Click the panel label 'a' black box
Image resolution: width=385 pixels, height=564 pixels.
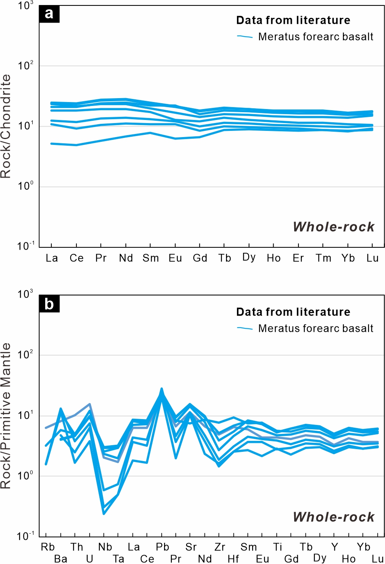click(x=49, y=14)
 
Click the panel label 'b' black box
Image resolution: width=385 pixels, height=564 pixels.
click(x=49, y=304)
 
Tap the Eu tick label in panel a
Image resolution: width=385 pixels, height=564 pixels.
click(x=175, y=258)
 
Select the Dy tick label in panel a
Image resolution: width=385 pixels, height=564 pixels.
click(x=249, y=257)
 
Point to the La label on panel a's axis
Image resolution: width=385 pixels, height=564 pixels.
click(x=52, y=258)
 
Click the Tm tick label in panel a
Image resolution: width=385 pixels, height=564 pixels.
click(x=323, y=258)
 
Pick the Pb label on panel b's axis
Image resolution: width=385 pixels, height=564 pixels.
click(x=162, y=547)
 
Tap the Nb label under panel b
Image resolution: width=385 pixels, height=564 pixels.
click(x=105, y=547)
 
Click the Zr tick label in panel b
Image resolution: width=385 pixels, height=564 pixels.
click(x=220, y=547)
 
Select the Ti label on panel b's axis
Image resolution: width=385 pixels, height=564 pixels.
click(x=277, y=547)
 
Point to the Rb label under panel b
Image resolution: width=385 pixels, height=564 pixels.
click(x=48, y=547)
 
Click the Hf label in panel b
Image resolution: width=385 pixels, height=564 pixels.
click(x=233, y=559)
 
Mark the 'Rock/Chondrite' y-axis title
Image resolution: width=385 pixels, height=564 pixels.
click(x=5, y=127)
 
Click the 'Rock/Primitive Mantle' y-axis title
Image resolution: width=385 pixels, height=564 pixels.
click(x=5, y=416)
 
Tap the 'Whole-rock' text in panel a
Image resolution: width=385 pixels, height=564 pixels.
click(x=334, y=227)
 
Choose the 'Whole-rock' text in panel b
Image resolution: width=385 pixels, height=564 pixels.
click(x=334, y=517)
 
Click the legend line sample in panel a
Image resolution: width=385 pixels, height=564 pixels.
click(x=245, y=37)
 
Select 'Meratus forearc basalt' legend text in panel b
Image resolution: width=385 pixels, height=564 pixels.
click(x=316, y=328)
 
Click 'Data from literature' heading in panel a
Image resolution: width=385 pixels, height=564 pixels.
click(x=293, y=20)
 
